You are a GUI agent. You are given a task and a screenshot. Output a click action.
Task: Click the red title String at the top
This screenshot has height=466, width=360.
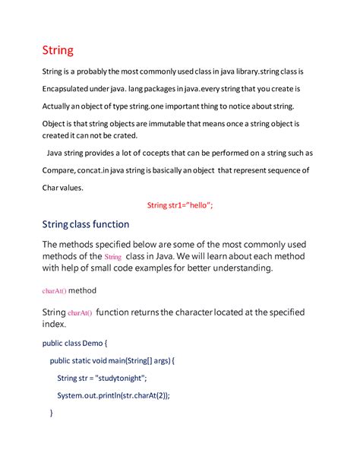[x=57, y=51]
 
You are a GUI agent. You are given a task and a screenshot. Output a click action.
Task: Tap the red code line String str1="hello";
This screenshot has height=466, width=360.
[x=180, y=204]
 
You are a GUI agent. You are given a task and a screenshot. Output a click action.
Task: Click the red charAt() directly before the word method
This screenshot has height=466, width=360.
[x=54, y=290]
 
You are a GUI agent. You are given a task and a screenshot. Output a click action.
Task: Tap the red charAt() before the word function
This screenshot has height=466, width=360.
[x=80, y=313]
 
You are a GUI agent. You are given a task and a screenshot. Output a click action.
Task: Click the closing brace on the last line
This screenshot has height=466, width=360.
[x=51, y=413]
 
